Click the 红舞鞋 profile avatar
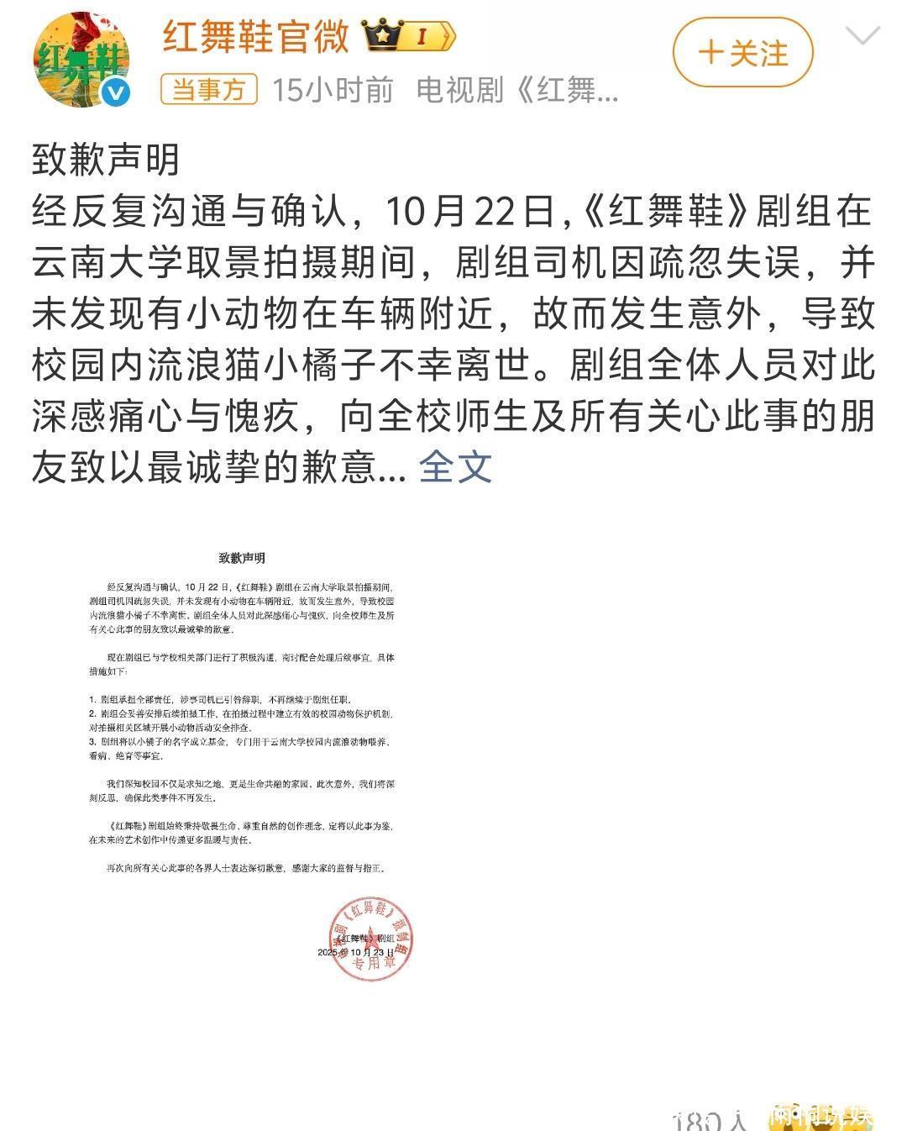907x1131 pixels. tap(81, 59)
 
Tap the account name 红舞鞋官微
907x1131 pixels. tap(255, 36)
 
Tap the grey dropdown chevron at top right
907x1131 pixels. tap(862, 36)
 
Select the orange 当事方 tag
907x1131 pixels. tap(208, 89)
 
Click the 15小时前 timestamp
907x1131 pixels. tap(333, 89)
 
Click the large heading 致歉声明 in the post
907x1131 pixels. tap(106, 159)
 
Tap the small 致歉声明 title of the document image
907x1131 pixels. tap(242, 557)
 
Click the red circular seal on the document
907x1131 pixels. tap(370, 939)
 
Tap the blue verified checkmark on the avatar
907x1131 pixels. tap(117, 93)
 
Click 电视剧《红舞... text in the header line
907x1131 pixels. tap(517, 89)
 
